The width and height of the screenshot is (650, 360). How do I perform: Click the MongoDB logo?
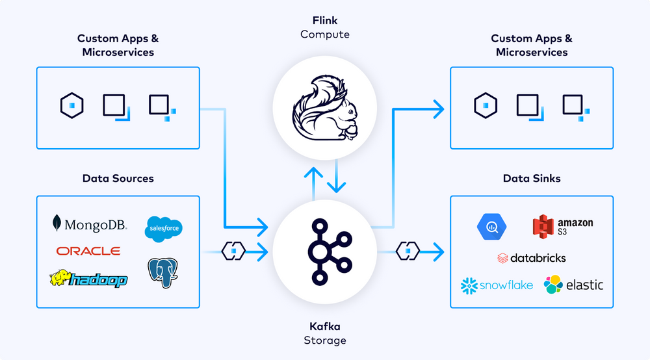90,225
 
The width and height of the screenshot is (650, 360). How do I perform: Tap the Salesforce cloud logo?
164,228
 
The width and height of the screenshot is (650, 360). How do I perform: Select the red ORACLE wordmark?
88,251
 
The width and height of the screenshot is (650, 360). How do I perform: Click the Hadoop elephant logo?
88,279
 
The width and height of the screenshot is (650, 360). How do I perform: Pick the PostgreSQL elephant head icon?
163,273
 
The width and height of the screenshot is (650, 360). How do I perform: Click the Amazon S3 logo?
562,226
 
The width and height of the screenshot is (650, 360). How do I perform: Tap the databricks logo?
531,258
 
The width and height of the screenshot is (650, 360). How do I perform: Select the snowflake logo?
497,285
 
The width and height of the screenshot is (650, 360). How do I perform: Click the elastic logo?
573,285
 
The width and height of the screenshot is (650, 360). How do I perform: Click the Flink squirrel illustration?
325,108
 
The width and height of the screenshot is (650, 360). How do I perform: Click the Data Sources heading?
118,178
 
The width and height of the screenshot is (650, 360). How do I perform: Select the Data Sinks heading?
531,178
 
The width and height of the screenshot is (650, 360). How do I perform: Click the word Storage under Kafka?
325,341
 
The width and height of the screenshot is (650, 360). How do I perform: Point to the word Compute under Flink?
325,34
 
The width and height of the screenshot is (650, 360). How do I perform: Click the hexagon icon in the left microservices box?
71,105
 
